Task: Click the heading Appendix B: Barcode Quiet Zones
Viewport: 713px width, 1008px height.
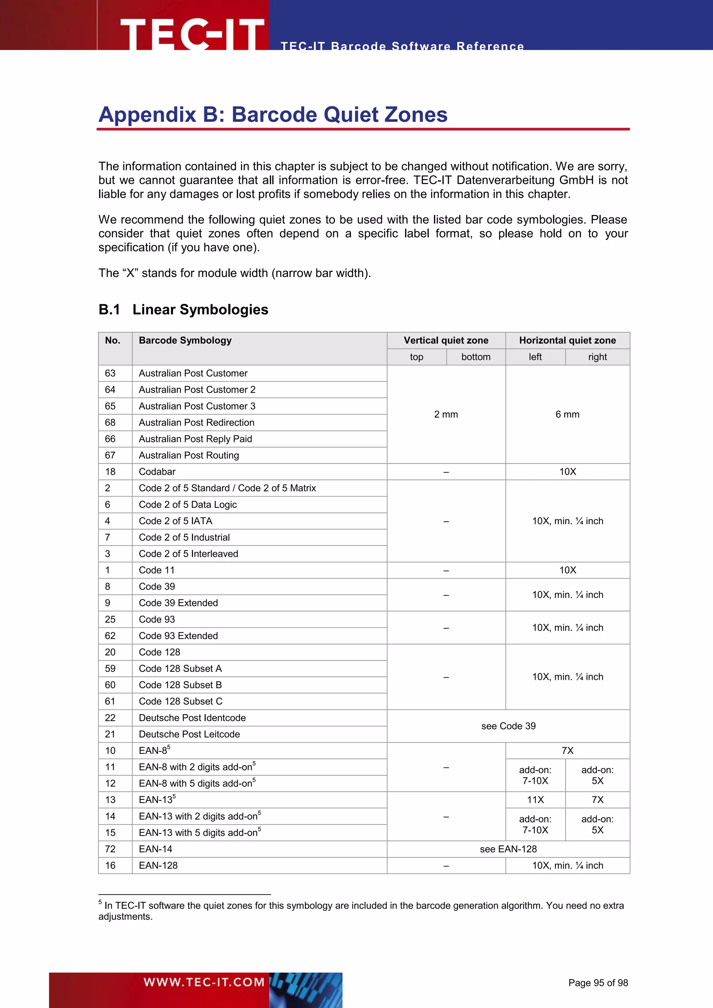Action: [273, 115]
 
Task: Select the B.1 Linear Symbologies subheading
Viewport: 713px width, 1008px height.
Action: [183, 309]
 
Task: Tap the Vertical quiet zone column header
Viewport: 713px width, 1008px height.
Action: [446, 340]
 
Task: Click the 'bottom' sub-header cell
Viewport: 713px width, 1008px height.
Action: [476, 357]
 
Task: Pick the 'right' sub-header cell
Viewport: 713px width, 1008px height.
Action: [597, 357]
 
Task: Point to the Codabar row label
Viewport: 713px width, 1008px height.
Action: [157, 472]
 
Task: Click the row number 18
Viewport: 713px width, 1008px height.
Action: [110, 472]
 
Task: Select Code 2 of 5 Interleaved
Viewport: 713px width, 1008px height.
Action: [188, 554]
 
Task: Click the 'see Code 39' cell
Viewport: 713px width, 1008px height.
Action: [508, 726]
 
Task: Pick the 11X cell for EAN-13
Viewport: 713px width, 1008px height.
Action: [535, 800]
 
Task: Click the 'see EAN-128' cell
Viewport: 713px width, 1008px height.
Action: [508, 849]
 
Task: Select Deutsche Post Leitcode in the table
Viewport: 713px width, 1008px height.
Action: [189, 734]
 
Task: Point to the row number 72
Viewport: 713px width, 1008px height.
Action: [110, 849]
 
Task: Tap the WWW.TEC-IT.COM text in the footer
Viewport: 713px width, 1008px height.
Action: [204, 982]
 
